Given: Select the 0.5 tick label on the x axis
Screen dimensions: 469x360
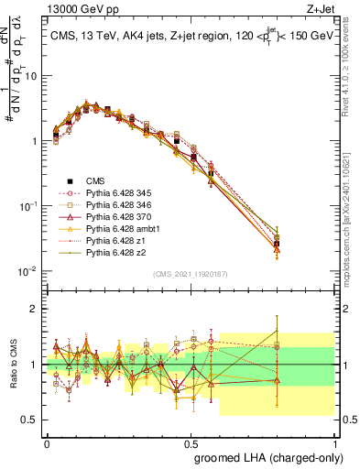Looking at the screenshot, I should click(x=191, y=442).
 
